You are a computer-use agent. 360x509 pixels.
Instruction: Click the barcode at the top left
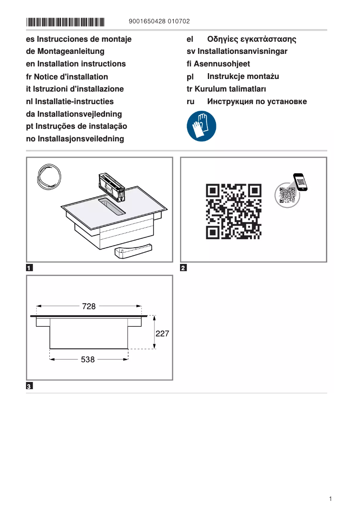(65, 22)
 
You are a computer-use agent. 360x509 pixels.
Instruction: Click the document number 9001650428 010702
(159, 22)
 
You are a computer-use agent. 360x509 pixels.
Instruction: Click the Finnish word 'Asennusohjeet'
(222, 64)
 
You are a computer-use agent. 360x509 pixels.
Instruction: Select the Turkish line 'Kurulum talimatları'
(230, 89)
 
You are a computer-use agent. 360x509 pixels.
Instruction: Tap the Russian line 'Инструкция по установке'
(257, 101)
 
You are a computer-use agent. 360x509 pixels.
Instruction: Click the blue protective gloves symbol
(201, 126)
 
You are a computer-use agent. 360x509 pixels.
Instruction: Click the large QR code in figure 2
(233, 211)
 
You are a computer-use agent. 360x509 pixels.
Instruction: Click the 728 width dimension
(89, 307)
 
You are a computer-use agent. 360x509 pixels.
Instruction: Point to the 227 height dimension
(162, 333)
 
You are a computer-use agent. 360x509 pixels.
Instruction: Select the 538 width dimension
(88, 360)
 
